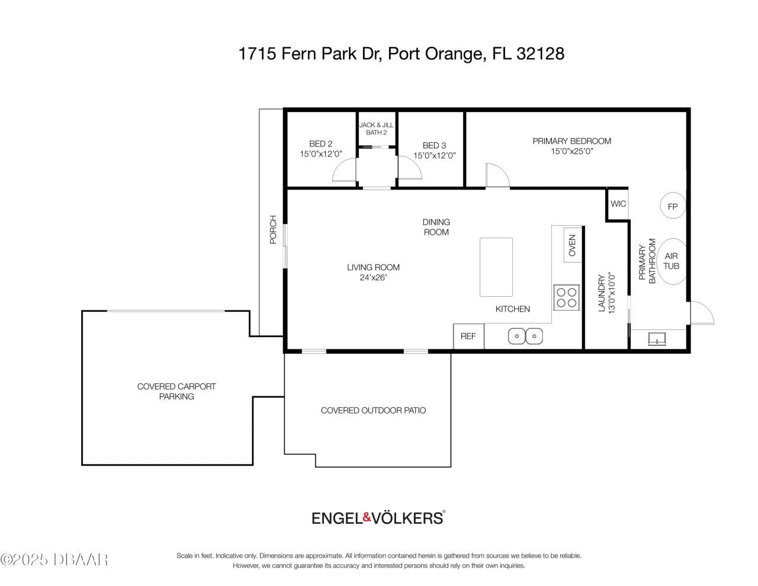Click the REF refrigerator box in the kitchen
(468, 336)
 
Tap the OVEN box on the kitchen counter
(572, 245)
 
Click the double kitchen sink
(525, 336)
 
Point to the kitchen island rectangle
(496, 267)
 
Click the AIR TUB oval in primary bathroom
(671, 261)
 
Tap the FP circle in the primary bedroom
(672, 207)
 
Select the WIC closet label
(618, 204)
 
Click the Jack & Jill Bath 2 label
(376, 129)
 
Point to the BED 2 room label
(320, 145)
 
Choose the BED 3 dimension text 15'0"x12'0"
(434, 156)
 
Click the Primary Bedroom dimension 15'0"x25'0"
(571, 151)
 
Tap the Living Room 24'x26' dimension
(373, 278)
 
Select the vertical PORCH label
(273, 229)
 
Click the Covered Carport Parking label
(176, 391)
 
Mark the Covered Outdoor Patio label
(373, 410)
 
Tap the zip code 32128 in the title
(540, 54)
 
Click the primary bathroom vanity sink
(657, 339)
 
